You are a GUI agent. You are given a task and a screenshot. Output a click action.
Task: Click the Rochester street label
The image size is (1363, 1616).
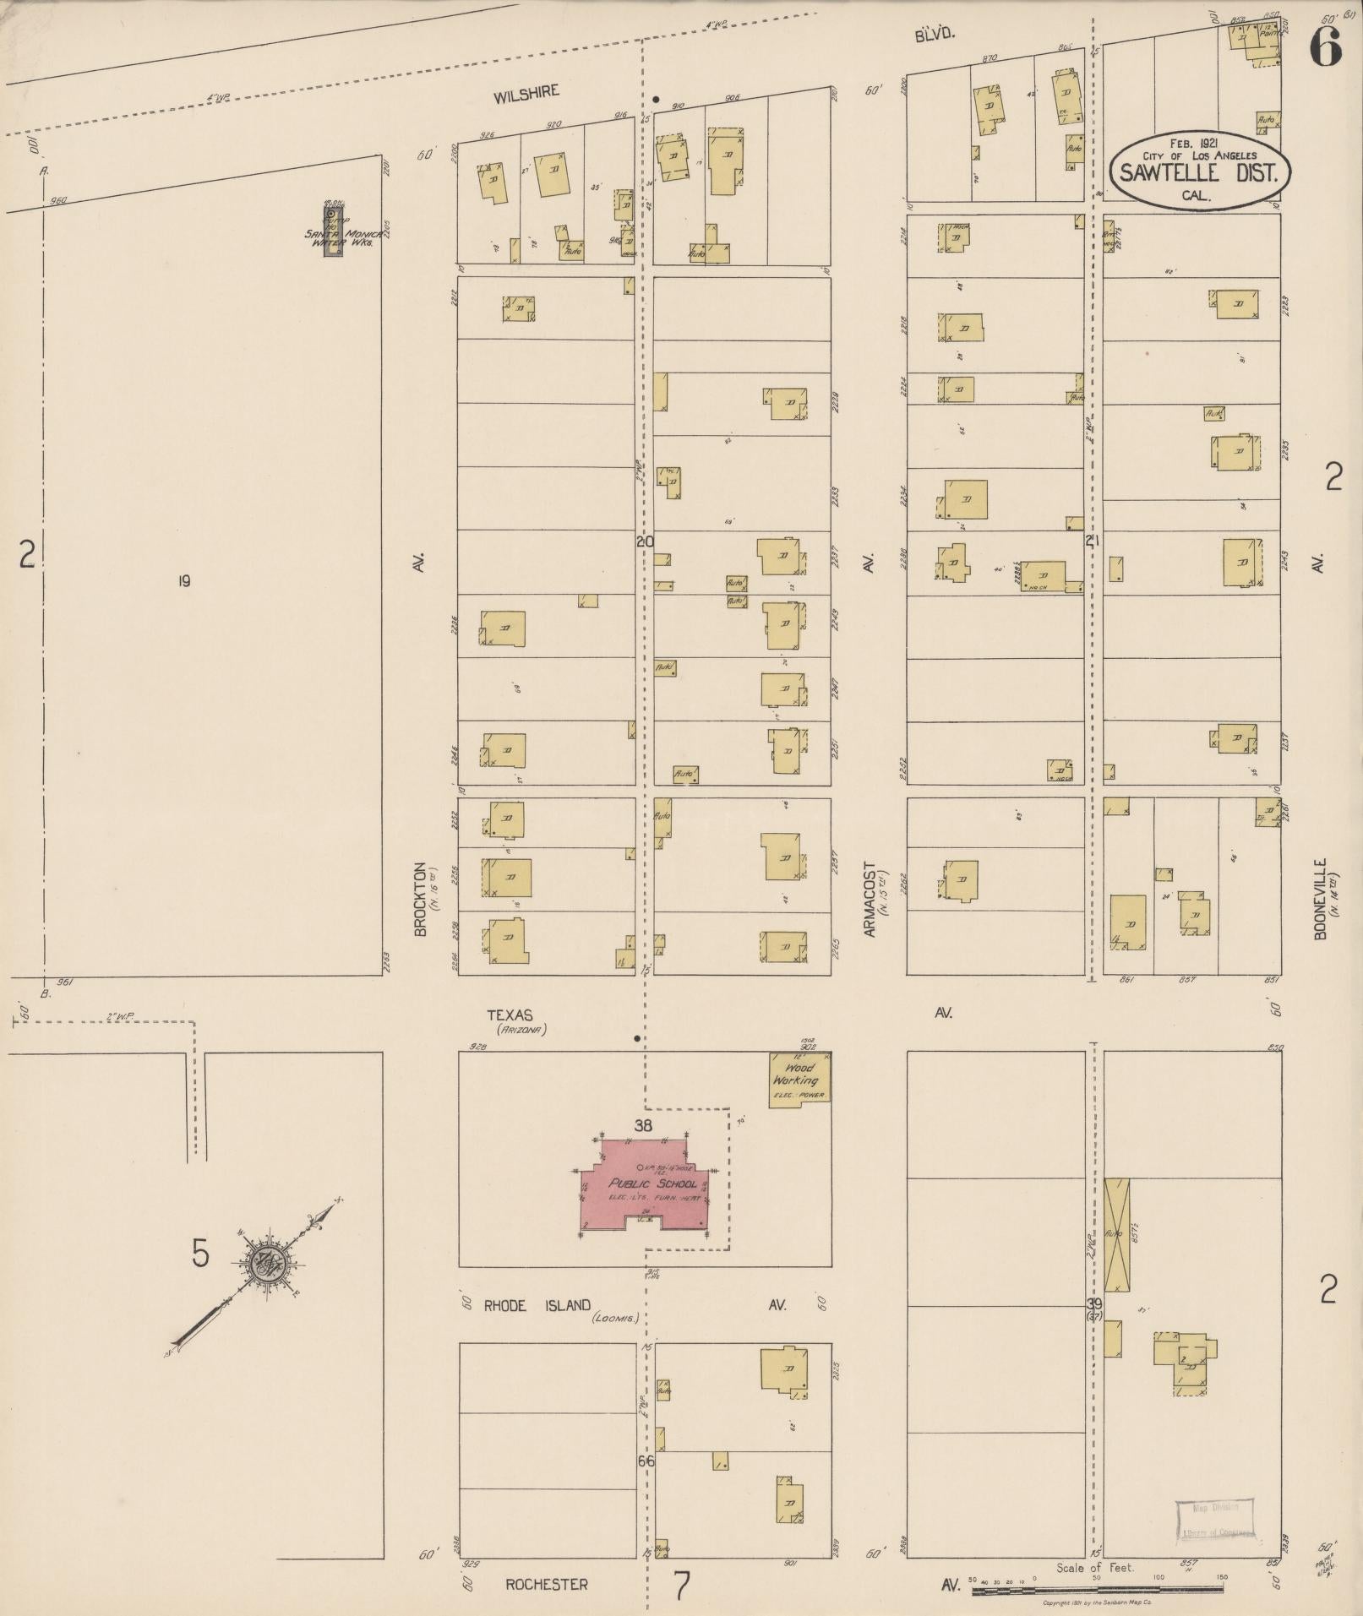click(546, 1584)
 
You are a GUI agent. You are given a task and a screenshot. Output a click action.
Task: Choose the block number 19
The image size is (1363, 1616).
click(183, 580)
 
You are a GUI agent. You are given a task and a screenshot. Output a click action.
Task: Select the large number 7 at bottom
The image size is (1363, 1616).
click(681, 1585)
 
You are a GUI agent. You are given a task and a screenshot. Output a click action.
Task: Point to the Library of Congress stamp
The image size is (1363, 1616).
click(1215, 1520)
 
